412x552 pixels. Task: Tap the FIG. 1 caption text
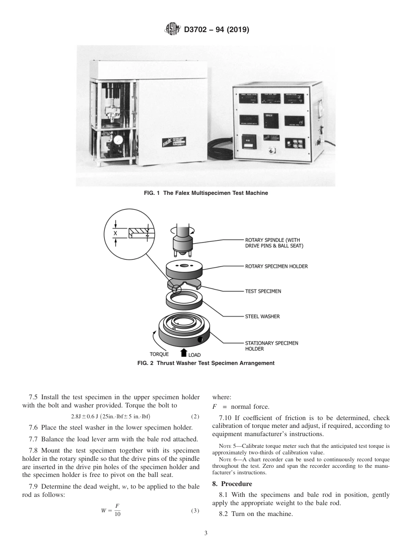(x=206, y=193)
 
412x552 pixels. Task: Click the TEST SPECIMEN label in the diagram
(x=263, y=291)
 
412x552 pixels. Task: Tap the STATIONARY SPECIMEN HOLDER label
(x=271, y=346)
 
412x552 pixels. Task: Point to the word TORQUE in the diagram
(x=159, y=354)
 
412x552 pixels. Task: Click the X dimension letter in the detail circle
(x=115, y=233)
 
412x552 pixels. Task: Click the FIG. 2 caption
(x=206, y=363)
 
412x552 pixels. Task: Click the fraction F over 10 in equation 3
(x=117, y=511)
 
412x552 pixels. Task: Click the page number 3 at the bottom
(x=206, y=533)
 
